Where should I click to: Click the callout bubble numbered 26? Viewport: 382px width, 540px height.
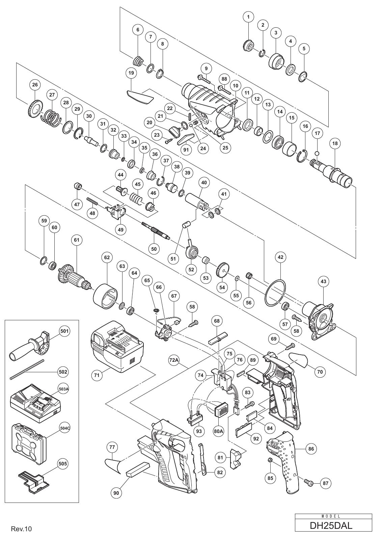35,85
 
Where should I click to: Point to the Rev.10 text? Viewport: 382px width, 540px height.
21,529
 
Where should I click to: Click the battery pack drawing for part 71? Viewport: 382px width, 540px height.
117,347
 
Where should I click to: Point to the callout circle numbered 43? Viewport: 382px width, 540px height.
323,281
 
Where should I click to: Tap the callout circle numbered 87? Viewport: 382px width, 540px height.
325,483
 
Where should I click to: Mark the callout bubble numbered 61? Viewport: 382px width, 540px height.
77,240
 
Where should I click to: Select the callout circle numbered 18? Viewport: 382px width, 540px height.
335,143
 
